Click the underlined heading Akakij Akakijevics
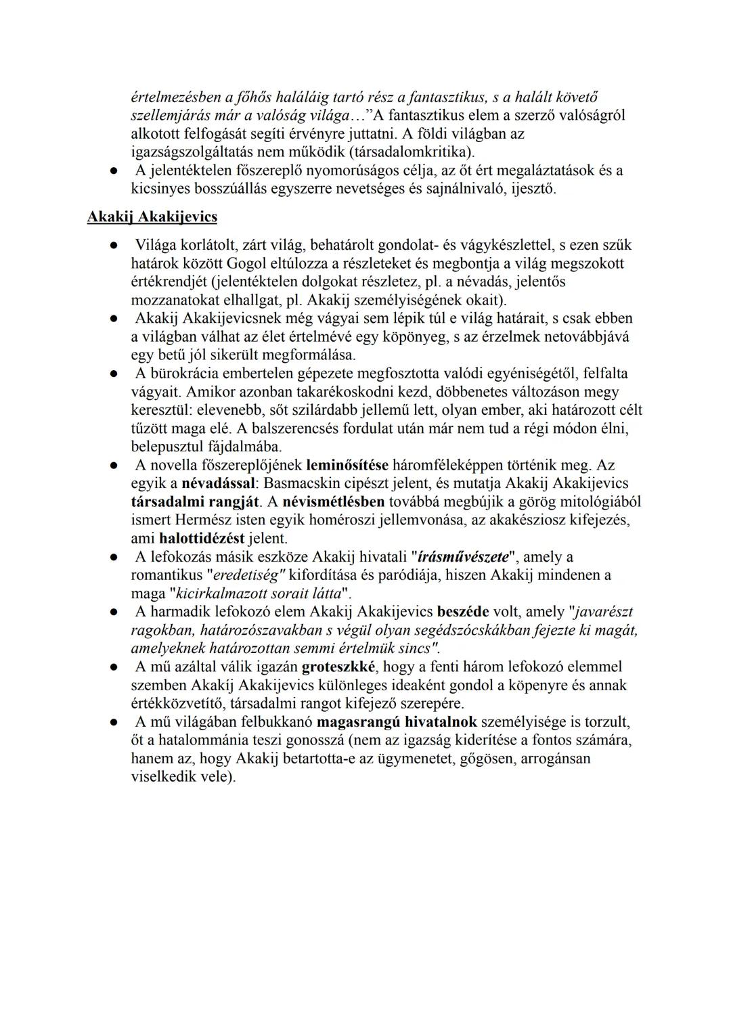152,217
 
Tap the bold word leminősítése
347,466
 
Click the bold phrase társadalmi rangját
195,502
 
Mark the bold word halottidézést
202,539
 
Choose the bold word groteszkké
338,667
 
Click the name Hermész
207,520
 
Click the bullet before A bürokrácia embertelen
116,374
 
